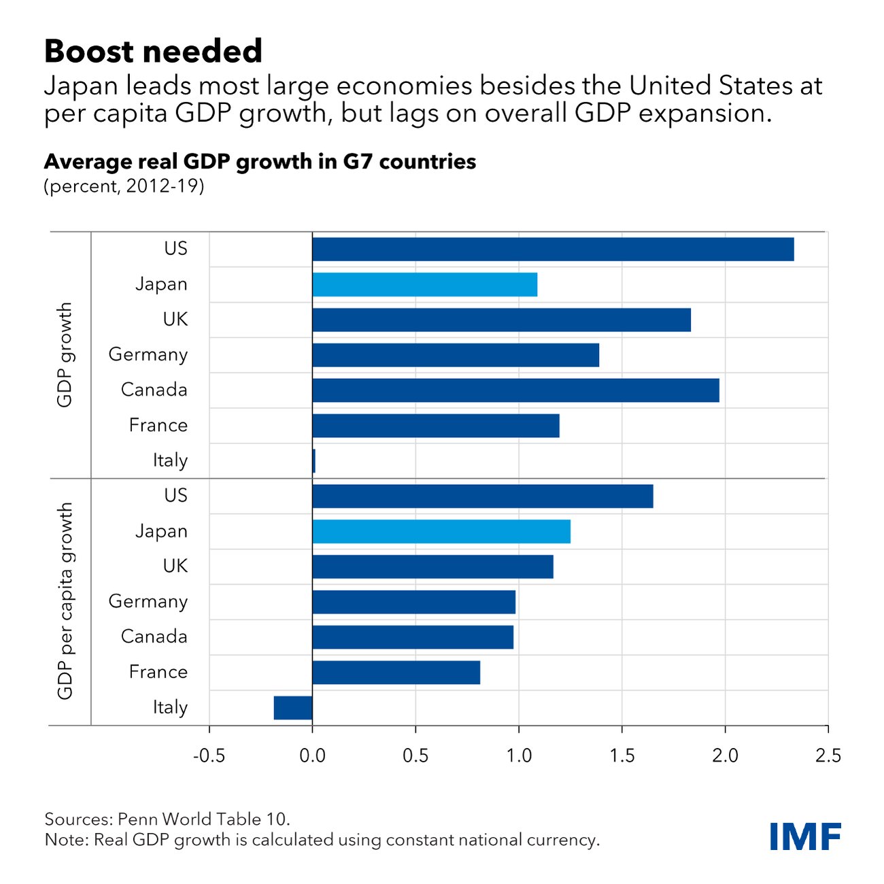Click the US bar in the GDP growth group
(x=553, y=250)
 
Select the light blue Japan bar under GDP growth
(x=424, y=285)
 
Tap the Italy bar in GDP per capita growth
(x=293, y=708)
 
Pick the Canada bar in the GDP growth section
(x=515, y=390)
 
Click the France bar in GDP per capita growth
(x=396, y=673)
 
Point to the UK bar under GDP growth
(x=501, y=320)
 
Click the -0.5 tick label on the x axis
(x=209, y=756)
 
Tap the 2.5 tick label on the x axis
(x=828, y=756)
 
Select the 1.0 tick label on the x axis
(x=519, y=756)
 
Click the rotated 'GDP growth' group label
(x=65, y=355)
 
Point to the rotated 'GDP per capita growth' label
(x=65, y=601)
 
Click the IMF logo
(x=805, y=836)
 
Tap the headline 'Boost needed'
(x=153, y=52)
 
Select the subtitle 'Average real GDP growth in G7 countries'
(x=260, y=162)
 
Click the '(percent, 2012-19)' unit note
(x=124, y=186)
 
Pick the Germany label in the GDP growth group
(x=148, y=355)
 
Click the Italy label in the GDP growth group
(x=169, y=461)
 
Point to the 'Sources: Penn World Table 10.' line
(x=167, y=818)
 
